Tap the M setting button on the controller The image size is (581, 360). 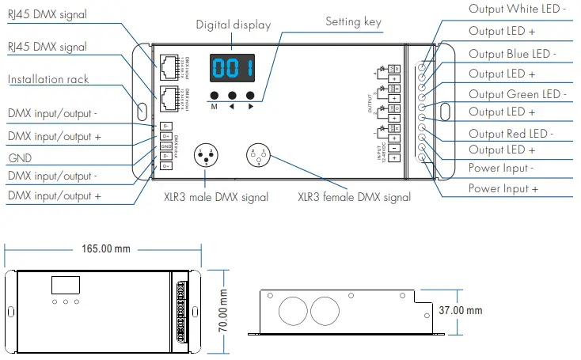click(x=215, y=96)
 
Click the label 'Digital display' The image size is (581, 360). click(x=234, y=25)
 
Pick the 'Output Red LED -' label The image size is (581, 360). click(x=511, y=133)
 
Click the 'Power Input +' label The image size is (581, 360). click(x=503, y=188)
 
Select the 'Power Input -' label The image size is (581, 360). click(x=502, y=168)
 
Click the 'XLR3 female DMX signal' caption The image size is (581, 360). click(x=354, y=197)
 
